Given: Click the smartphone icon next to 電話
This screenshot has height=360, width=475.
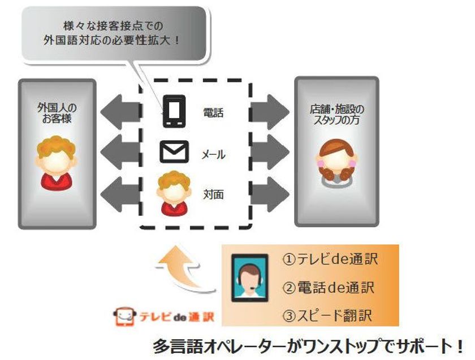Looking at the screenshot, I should tap(174, 112).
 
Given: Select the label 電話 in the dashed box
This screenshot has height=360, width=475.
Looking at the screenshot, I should tap(213, 112).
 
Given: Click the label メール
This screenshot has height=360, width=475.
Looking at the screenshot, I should tap(213, 154).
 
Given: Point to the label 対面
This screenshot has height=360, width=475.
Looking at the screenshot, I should tap(213, 194).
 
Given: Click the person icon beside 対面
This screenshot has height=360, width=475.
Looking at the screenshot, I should tap(174, 194).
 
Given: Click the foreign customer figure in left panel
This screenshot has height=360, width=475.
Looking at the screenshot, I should tap(57, 161).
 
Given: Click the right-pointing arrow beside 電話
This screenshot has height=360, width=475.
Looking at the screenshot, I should tap(270, 110).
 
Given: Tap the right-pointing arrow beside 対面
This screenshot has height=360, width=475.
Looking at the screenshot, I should tap(270, 192).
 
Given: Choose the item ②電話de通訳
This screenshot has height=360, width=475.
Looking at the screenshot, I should tap(330, 287).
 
